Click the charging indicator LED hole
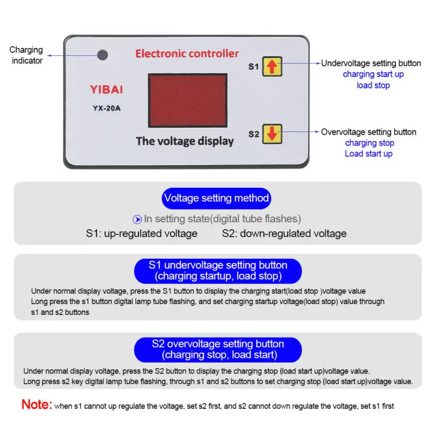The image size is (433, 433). coord(102,55)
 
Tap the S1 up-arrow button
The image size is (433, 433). coord(272,66)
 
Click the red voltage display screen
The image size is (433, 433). coord(187,101)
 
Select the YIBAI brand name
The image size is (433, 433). coord(106,89)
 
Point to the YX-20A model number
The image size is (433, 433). coord(106,108)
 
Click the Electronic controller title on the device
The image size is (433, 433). coord(187,54)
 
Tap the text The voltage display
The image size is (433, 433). coord(185,141)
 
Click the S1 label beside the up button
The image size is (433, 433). coord(253,67)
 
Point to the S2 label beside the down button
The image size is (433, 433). coord(253,134)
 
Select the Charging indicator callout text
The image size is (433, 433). coord(26,55)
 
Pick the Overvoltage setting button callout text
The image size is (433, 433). coord(369,132)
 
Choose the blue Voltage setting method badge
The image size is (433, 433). coord(216,198)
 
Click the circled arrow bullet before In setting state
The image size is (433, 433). coord(137,219)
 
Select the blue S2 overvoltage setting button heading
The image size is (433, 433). coord(218,350)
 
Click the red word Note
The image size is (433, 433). coord(37,404)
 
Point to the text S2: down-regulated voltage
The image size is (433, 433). coord(284,234)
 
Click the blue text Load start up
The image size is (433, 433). coord(369,154)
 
